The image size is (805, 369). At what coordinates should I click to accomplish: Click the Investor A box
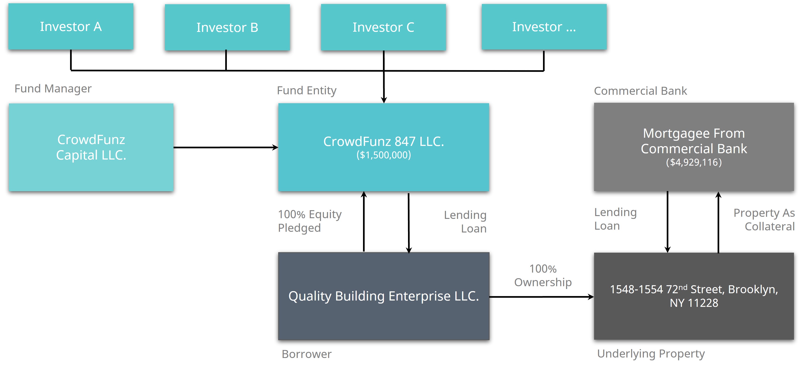pos(71,27)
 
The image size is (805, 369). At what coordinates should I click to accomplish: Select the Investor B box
pos(227,27)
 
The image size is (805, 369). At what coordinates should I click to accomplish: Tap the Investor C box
pos(383,27)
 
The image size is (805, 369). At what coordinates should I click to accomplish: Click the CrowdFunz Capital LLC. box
pos(91,147)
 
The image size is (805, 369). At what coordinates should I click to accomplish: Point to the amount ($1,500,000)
pos(383,155)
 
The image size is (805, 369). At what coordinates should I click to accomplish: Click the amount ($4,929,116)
pos(694,162)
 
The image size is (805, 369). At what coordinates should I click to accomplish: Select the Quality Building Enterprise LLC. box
pos(383,296)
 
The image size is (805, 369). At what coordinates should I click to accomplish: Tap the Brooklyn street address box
pos(694,296)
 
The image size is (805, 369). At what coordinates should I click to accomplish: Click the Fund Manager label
pos(53,89)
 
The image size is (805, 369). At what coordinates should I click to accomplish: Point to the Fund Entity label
pos(307,91)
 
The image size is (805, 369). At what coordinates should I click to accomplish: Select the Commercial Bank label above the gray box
pos(640,91)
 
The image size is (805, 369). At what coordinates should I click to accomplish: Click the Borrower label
pos(307,354)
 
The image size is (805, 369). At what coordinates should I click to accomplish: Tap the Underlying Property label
pos(651,354)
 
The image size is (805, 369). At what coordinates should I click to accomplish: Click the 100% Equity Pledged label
pos(309,221)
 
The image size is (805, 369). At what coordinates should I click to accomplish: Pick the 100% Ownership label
pos(543,275)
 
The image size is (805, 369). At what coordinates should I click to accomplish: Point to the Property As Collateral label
pos(764,220)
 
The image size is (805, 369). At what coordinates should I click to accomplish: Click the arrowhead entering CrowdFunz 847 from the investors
pos(384,100)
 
